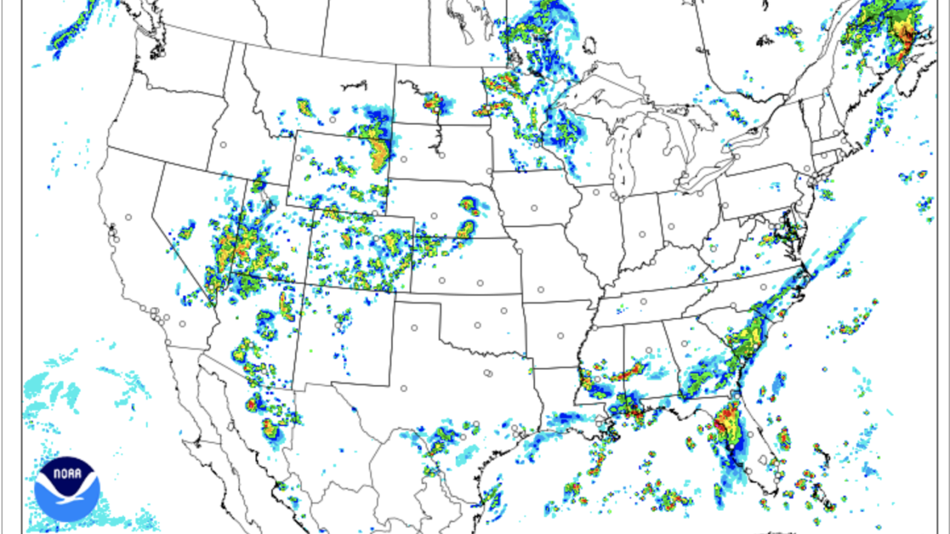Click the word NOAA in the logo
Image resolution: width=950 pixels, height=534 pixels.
point(67,471)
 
